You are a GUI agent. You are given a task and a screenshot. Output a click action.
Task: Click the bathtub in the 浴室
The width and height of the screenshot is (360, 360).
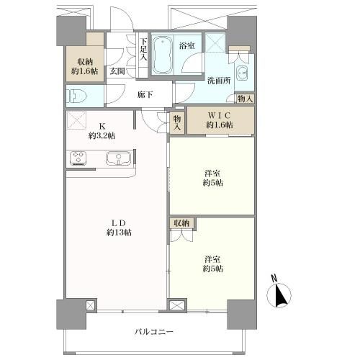pyautogui.click(x=163, y=55)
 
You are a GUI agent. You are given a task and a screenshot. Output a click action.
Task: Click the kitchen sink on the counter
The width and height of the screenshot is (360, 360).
pyautogui.click(x=118, y=158)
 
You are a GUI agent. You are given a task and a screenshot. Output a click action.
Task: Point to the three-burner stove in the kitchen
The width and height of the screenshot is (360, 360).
pyautogui.click(x=78, y=158)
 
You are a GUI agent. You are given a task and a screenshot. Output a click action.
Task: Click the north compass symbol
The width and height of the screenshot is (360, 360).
pyautogui.click(x=279, y=292)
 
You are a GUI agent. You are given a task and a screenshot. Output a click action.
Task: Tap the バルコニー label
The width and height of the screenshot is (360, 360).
pyautogui.click(x=154, y=332)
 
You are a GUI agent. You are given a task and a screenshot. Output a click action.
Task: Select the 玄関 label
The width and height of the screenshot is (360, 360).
pyautogui.click(x=117, y=71)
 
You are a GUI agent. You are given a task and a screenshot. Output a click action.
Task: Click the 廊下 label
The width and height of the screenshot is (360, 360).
pyautogui.click(x=145, y=95)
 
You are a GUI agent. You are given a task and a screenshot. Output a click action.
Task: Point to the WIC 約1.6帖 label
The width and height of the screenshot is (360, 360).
pyautogui.click(x=220, y=120)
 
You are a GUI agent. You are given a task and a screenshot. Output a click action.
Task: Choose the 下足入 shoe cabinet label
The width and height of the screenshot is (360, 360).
pyautogui.click(x=143, y=50)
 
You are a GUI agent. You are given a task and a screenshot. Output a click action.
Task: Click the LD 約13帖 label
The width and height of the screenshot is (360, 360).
pyautogui.click(x=119, y=228)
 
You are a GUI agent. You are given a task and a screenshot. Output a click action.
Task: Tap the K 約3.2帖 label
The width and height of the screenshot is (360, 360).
pyautogui.click(x=102, y=131)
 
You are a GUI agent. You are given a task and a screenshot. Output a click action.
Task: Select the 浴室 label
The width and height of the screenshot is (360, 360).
pyautogui.click(x=187, y=45)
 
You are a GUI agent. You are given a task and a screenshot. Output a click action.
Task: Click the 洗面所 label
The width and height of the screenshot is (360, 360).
pyautogui.click(x=219, y=81)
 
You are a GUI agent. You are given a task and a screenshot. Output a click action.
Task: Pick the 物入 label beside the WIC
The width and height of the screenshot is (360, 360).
pyautogui.click(x=177, y=122)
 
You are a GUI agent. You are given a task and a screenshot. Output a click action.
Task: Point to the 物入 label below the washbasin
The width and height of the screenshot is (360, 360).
pyautogui.click(x=245, y=99)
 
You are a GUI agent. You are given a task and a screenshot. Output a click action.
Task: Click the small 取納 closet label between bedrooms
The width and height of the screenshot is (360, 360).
pyautogui.click(x=181, y=223)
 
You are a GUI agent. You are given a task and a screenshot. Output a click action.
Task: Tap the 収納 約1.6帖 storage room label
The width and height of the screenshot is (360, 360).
pyautogui.click(x=85, y=66)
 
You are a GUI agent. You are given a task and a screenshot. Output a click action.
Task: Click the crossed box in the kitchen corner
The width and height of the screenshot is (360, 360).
pyautogui.click(x=76, y=120)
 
